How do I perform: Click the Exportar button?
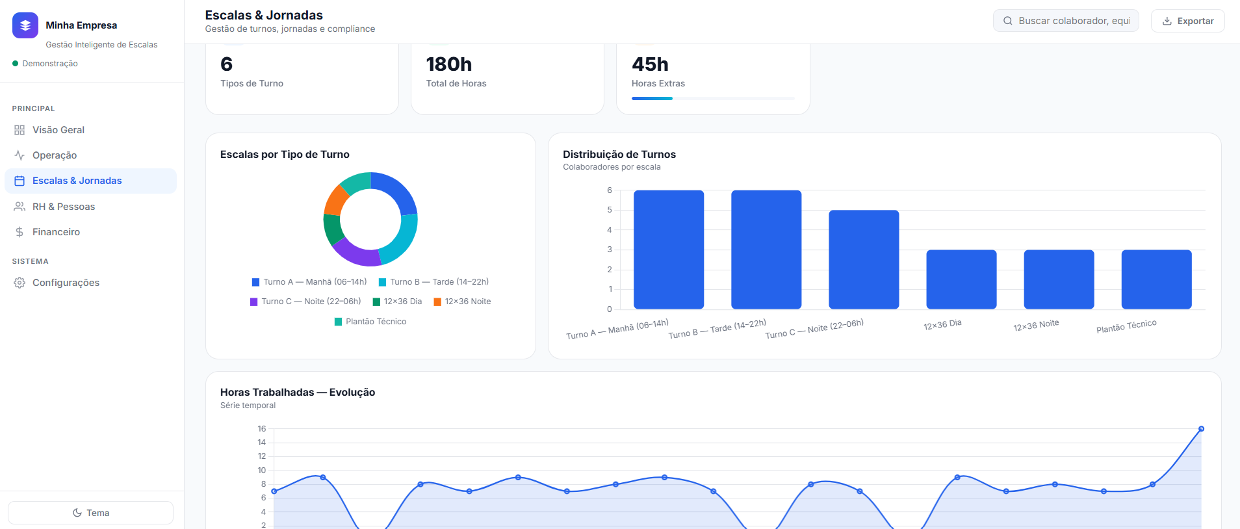click(x=1187, y=21)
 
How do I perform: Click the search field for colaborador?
click(x=1066, y=21)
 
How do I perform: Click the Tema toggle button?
click(x=90, y=513)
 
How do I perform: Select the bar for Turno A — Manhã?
click(x=669, y=250)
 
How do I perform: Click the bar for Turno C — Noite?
click(x=864, y=259)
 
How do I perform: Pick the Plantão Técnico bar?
click(x=1156, y=279)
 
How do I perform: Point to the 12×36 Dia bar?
click(x=961, y=279)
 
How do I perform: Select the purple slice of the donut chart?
click(x=356, y=255)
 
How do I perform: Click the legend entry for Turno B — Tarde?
click(x=433, y=282)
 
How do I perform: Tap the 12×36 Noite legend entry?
click(x=462, y=302)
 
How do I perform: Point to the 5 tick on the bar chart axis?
click(x=610, y=210)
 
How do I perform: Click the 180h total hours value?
click(x=449, y=64)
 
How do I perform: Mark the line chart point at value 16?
click(x=1201, y=429)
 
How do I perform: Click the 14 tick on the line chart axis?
click(x=262, y=443)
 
